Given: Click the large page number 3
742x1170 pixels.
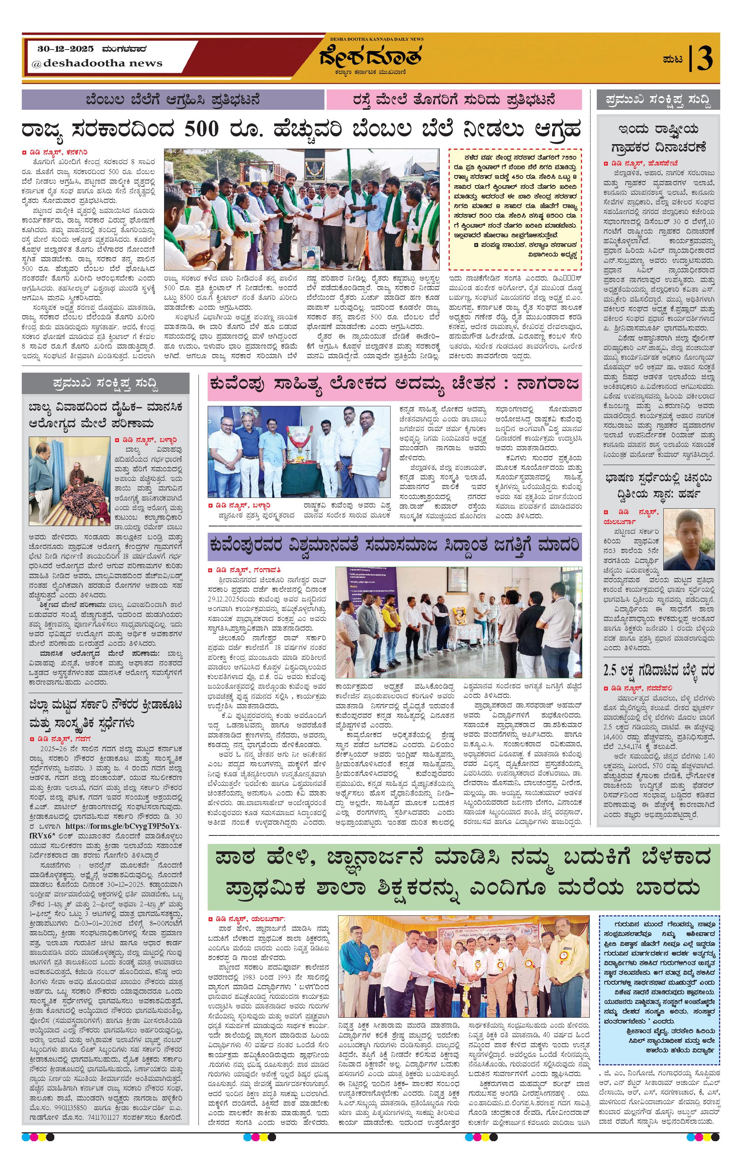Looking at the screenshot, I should coord(704,59).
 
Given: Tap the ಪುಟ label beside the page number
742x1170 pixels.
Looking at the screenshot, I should coord(673,59).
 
